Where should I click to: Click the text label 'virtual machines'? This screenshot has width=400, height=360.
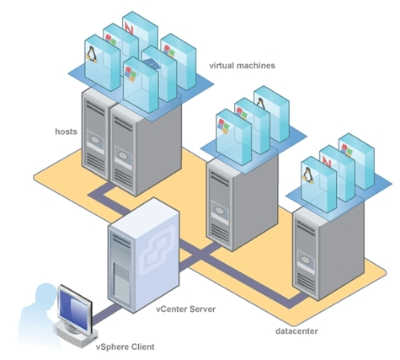[242, 65]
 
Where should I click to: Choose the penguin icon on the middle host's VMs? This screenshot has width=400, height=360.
[262, 107]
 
